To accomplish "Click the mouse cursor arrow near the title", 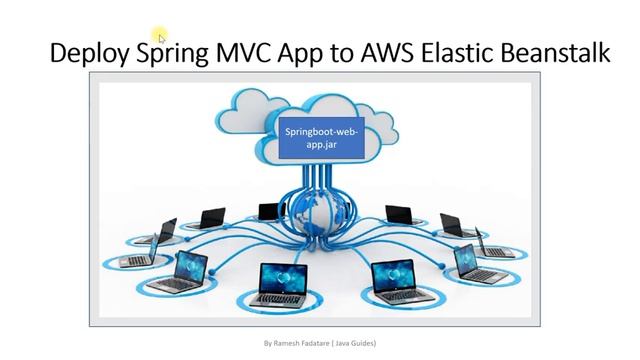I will pyautogui.click(x=161, y=38).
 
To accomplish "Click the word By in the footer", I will pyautogui.click(x=267, y=343).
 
